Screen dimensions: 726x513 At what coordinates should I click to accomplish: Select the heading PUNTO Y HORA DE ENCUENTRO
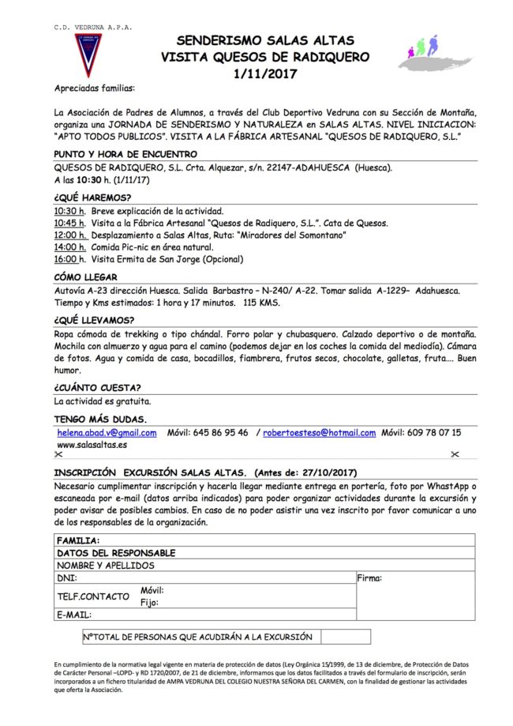pyautogui.click(x=125, y=154)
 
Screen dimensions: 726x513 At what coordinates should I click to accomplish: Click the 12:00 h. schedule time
pyautogui.click(x=69, y=235)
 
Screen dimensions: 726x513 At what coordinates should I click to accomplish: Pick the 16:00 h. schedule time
pyautogui.click(x=69, y=258)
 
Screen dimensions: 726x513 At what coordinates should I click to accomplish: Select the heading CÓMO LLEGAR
pyautogui.click(x=85, y=276)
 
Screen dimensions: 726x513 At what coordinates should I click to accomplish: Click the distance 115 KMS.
pyautogui.click(x=264, y=303)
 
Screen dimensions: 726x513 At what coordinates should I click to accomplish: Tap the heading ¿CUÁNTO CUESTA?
pyautogui.click(x=97, y=387)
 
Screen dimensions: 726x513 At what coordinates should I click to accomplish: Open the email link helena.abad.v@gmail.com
pyautogui.click(x=107, y=433)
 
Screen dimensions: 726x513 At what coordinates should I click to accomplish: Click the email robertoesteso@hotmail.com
pyautogui.click(x=318, y=433)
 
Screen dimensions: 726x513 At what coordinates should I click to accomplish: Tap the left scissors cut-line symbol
pyautogui.click(x=58, y=455)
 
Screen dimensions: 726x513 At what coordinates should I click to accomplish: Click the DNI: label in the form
pyautogui.click(x=66, y=579)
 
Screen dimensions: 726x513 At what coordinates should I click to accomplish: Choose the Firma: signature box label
pyautogui.click(x=369, y=579)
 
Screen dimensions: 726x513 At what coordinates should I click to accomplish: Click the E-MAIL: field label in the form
pyautogui.click(x=74, y=614)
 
